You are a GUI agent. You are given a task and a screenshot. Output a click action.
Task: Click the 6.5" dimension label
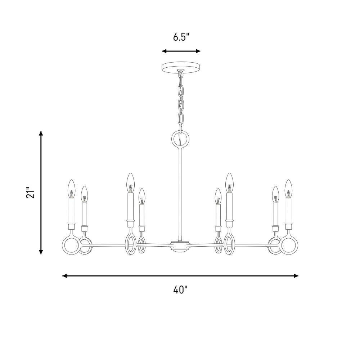pyautogui.click(x=181, y=37)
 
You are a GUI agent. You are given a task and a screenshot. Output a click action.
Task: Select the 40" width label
pyautogui.click(x=180, y=289)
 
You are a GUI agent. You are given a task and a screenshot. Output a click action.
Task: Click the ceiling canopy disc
pyautogui.click(x=181, y=67)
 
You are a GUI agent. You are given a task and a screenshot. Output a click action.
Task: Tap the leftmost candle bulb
pyautogui.click(x=72, y=189)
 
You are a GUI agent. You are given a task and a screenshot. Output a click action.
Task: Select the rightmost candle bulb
pyautogui.click(x=288, y=189)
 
